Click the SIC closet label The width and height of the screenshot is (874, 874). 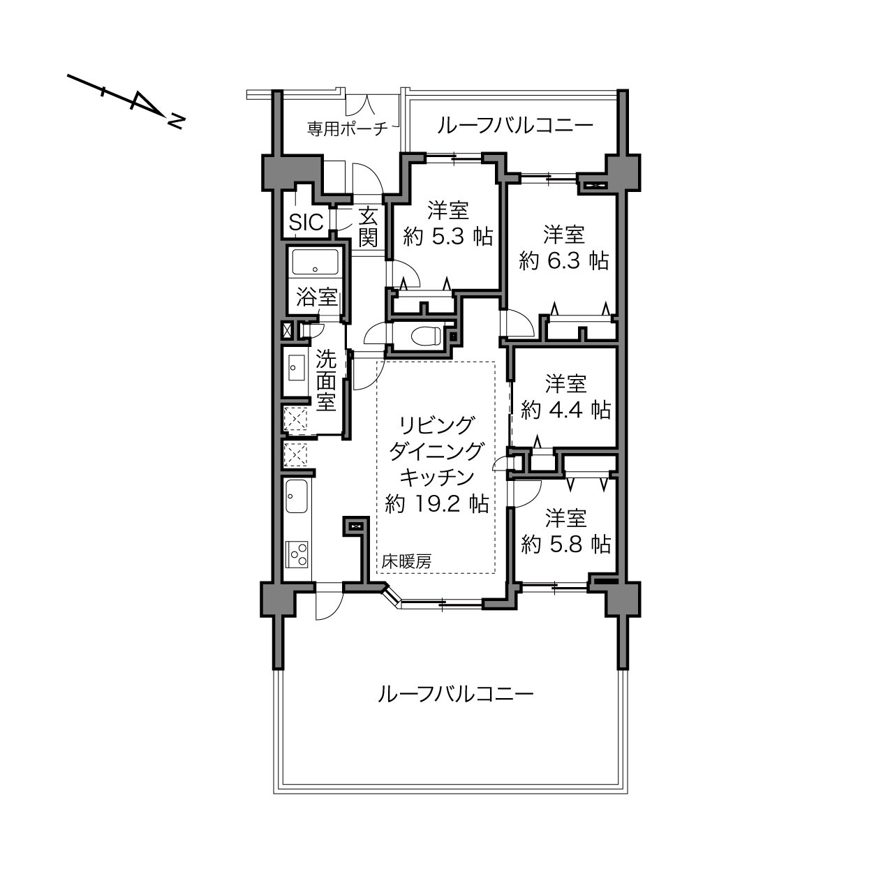(x=306, y=222)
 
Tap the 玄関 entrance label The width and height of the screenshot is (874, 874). (x=368, y=228)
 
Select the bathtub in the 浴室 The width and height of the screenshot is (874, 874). (x=316, y=262)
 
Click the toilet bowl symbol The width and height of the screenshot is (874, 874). (x=425, y=336)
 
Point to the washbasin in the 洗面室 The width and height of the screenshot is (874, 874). (x=297, y=368)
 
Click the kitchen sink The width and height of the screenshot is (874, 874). (x=297, y=496)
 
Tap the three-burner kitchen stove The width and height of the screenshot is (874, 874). (x=297, y=554)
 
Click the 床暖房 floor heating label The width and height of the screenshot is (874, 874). (x=406, y=562)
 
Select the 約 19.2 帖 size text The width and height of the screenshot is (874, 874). (x=437, y=503)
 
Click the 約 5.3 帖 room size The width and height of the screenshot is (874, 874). (x=447, y=237)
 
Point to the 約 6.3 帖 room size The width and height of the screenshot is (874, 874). (x=564, y=261)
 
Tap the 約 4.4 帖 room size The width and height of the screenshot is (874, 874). (x=565, y=410)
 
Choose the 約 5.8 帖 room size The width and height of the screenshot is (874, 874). (x=565, y=544)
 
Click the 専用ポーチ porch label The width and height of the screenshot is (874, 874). (x=348, y=129)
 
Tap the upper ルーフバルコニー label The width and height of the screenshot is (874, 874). (x=515, y=126)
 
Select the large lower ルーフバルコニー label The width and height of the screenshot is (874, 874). (x=455, y=694)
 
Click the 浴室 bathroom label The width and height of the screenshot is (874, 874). (x=317, y=297)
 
